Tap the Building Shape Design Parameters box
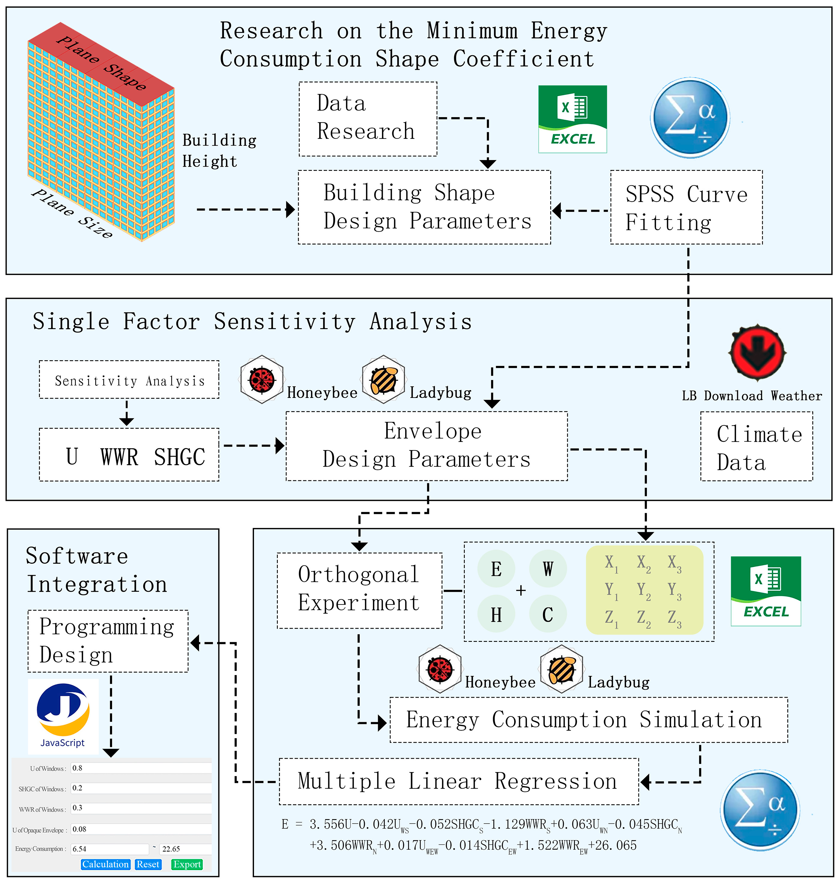click(424, 207)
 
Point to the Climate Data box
click(757, 446)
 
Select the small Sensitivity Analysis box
click(129, 380)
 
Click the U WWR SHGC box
click(129, 455)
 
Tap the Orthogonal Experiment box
click(360, 591)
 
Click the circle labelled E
click(496, 569)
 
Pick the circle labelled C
click(548, 615)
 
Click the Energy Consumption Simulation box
click(589, 720)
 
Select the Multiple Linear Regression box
click(459, 781)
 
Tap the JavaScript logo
click(63, 716)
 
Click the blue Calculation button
click(105, 864)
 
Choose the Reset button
click(148, 864)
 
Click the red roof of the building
click(101, 64)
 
